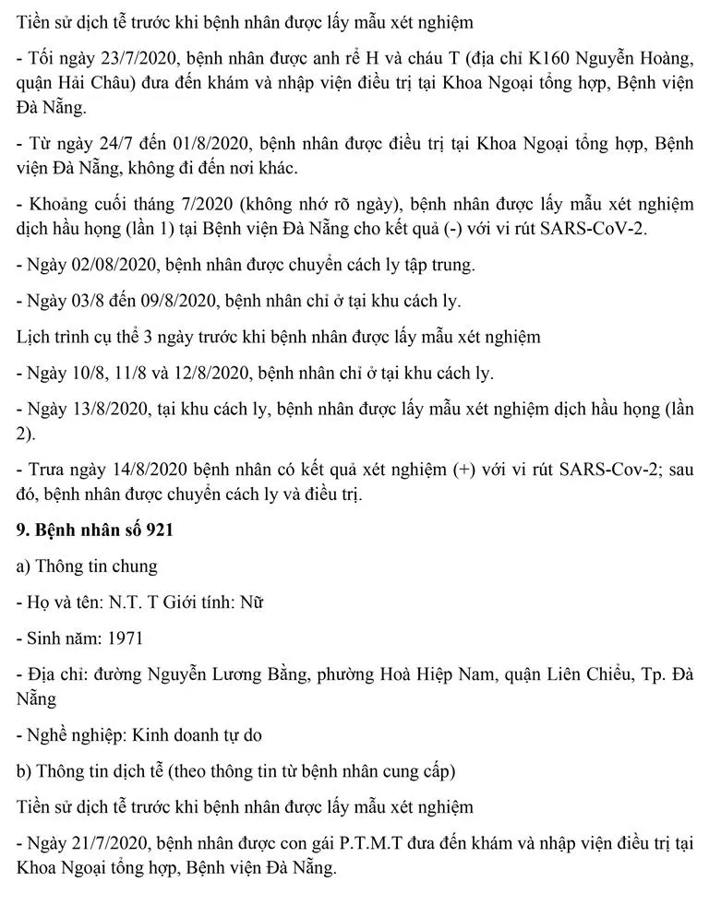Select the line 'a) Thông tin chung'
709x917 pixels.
tap(87, 566)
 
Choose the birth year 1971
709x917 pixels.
tap(125, 637)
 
